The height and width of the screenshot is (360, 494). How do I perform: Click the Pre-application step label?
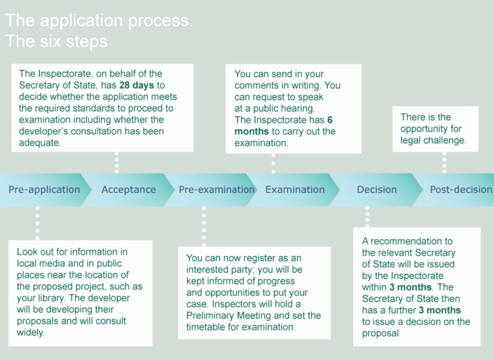click(44, 190)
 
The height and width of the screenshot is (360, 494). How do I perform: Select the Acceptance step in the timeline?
click(129, 190)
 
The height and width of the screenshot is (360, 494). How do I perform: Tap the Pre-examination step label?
click(216, 190)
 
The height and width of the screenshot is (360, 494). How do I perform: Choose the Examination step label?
click(295, 190)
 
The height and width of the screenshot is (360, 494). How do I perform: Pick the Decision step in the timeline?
click(377, 190)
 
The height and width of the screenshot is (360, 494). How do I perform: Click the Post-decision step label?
click(461, 190)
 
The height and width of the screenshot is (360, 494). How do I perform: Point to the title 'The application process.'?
click(98, 21)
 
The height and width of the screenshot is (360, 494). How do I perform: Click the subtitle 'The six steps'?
click(56, 42)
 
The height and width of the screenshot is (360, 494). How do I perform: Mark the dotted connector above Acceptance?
click(116, 163)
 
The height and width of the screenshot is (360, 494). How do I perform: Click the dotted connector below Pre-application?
click(37, 222)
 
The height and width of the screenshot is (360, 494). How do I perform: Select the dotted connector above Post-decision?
click(444, 163)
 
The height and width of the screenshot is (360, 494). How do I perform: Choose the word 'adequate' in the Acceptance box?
click(40, 143)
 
